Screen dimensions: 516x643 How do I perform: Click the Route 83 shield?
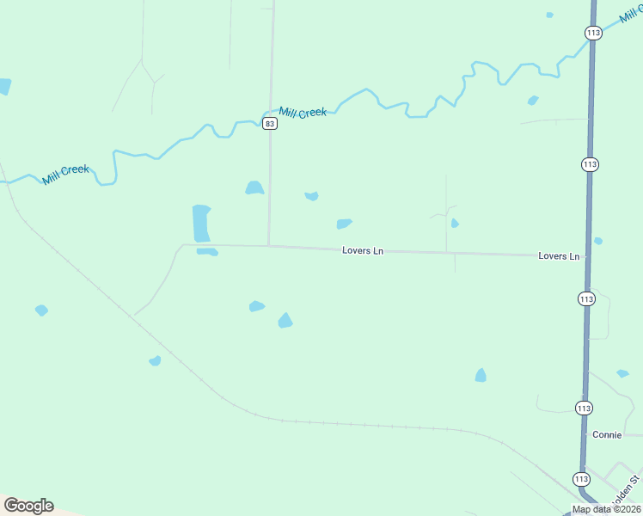pyautogui.click(x=270, y=124)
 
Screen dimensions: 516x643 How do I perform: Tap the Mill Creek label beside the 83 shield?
pyautogui.click(x=303, y=112)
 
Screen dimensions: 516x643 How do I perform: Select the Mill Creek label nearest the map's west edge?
pyautogui.click(x=66, y=175)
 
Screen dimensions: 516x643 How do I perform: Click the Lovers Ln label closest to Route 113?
pyautogui.click(x=559, y=256)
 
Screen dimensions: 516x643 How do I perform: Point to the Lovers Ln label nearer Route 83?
pyautogui.click(x=363, y=251)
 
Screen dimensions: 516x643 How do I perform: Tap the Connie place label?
pyautogui.click(x=607, y=434)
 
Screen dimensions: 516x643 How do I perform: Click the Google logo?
pyautogui.click(x=28, y=506)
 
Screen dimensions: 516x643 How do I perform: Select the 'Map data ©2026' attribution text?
pyautogui.click(x=606, y=509)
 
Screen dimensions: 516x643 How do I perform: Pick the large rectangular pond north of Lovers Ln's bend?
pyautogui.click(x=201, y=223)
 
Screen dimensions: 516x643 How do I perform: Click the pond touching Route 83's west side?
pyautogui.click(x=254, y=187)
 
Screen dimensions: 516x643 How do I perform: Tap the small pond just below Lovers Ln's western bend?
pyautogui.click(x=207, y=252)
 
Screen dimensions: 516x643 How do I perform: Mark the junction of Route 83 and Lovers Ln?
pyautogui.click(x=269, y=246)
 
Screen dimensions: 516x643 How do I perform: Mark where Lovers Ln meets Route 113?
pyautogui.click(x=588, y=256)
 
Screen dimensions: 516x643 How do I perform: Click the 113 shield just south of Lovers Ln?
pyautogui.click(x=586, y=298)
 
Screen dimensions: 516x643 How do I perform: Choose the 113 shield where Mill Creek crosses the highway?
pyautogui.click(x=592, y=32)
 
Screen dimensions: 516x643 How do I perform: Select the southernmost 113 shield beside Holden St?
pyautogui.click(x=580, y=479)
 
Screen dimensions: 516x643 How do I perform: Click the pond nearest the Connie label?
pyautogui.click(x=622, y=373)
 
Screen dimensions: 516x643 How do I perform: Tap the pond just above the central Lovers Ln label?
pyautogui.click(x=344, y=224)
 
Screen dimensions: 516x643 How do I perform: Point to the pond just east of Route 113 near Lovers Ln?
pyautogui.click(x=598, y=241)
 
